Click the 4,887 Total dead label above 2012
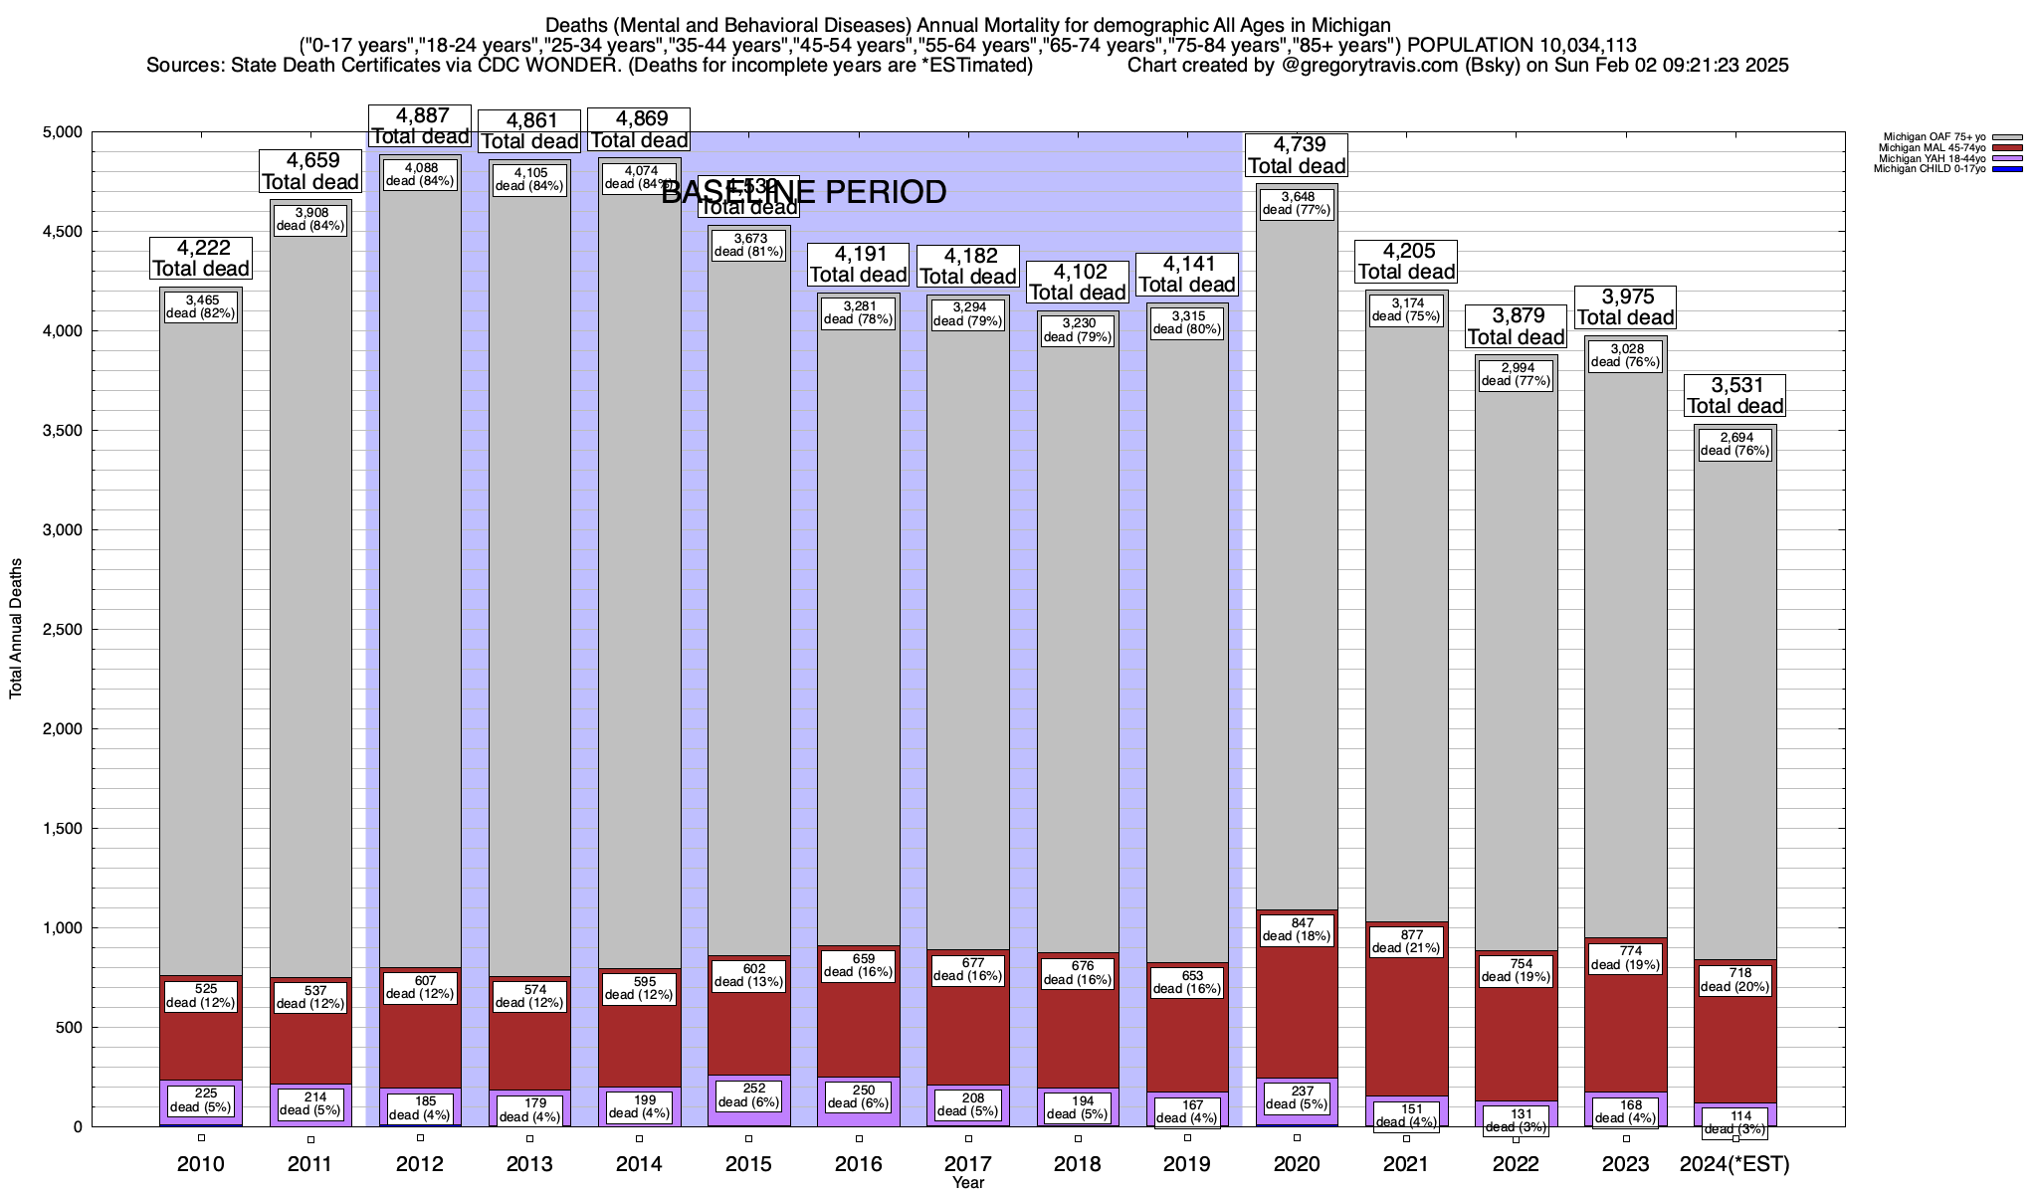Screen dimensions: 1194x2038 420,126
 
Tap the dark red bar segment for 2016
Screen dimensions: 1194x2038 859,1025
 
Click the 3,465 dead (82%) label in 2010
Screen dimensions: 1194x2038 201,306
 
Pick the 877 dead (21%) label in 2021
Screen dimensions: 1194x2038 1406,941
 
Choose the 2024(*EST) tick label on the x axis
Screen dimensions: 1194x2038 1733,1164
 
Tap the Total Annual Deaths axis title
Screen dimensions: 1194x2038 16,629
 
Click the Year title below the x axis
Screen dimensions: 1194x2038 967,1183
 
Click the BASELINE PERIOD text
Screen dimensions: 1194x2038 804,192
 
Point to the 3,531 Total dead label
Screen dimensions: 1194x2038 1735,396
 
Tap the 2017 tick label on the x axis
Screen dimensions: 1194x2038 968,1164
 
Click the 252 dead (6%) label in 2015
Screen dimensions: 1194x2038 749,1094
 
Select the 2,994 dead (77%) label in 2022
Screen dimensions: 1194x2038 1517,374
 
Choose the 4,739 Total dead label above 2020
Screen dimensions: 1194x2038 1297,155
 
